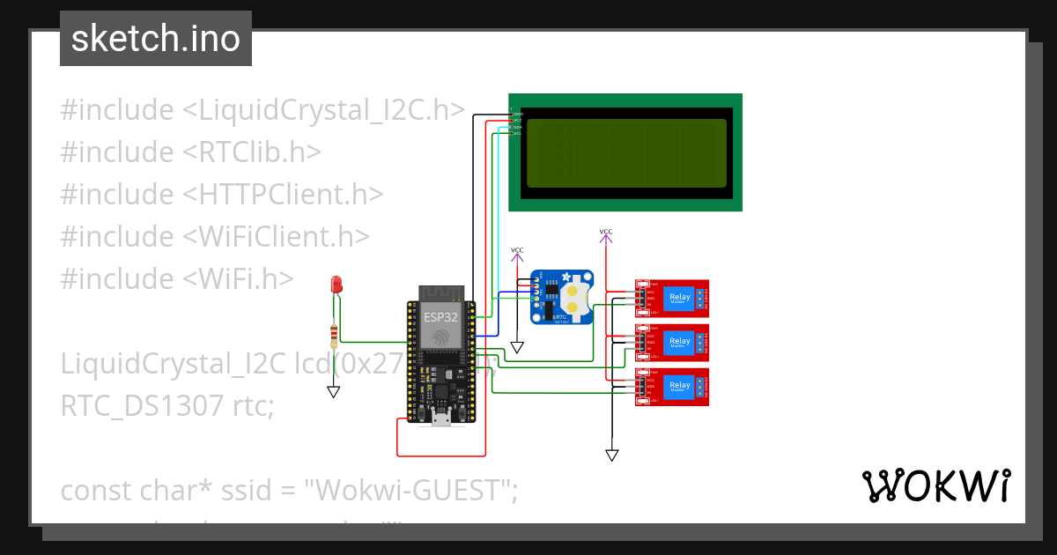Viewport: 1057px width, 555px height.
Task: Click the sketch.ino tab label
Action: pos(155,40)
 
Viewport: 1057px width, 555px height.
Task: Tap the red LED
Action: pos(336,285)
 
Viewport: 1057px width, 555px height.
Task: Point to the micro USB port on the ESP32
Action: pos(440,420)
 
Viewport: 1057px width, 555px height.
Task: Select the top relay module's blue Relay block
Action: pos(680,298)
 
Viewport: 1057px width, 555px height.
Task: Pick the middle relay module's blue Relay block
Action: pos(680,342)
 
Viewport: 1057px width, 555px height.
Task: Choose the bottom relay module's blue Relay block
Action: pos(680,386)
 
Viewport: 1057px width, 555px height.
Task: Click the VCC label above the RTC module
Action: pos(517,251)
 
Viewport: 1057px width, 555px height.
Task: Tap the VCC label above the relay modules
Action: pos(606,233)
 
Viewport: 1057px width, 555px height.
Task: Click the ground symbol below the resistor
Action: pos(333,392)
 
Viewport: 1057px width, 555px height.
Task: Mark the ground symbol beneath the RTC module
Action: pos(517,348)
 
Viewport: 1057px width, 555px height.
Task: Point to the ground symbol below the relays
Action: pos(611,455)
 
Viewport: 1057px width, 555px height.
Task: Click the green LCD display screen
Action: pos(625,152)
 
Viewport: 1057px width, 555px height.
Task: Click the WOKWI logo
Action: pos(935,486)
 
